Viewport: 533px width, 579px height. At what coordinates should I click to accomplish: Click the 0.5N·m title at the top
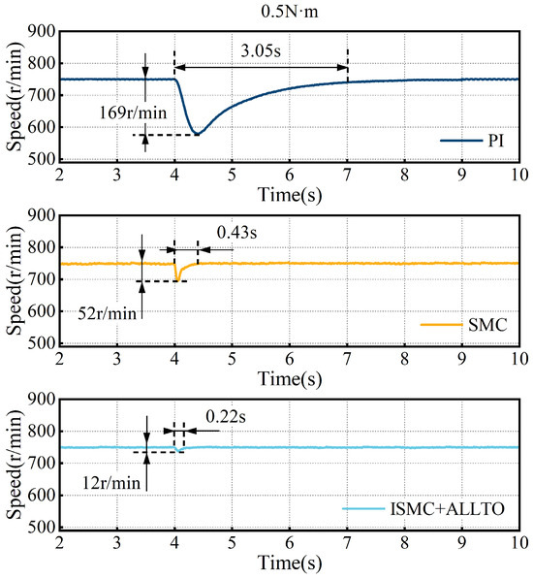(289, 12)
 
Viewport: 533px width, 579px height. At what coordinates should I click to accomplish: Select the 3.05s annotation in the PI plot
(261, 50)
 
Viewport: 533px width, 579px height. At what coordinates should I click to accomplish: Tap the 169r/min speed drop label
(133, 113)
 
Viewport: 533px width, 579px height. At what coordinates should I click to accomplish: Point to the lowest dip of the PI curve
(198, 133)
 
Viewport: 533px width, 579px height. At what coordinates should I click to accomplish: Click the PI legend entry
(472, 141)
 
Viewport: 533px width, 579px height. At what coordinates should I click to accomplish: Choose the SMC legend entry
(464, 325)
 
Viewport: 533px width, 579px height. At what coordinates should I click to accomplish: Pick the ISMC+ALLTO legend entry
(423, 509)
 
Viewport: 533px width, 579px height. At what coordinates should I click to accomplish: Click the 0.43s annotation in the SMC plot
(236, 233)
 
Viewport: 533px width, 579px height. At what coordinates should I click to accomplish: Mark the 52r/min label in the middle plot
(107, 313)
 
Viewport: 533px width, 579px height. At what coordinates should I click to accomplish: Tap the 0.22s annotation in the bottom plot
(226, 417)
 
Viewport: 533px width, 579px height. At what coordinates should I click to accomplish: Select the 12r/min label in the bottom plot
(111, 483)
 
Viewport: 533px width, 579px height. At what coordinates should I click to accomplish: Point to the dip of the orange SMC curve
(178, 279)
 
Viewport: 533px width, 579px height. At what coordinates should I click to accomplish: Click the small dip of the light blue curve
(179, 451)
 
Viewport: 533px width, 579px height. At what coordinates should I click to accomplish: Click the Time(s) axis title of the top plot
(290, 195)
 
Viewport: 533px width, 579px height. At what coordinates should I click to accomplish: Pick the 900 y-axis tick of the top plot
(42, 32)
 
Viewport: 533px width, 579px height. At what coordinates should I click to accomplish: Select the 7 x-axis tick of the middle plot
(347, 359)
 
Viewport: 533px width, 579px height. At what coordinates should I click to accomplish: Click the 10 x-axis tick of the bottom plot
(519, 543)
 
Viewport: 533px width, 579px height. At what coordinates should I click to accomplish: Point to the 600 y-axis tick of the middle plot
(42, 311)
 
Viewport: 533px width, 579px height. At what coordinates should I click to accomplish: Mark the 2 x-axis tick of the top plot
(60, 175)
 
